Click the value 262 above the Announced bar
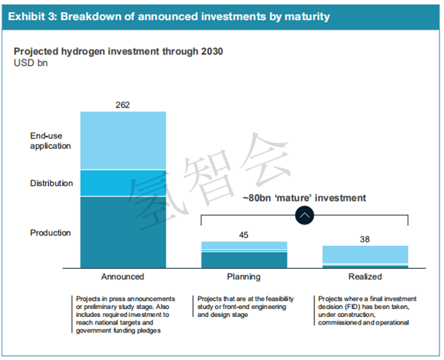[x=123, y=104]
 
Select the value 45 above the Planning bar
[x=243, y=235]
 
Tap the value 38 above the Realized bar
[x=365, y=239]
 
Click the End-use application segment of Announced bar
[x=123, y=141]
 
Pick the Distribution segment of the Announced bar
[x=123, y=183]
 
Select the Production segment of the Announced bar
[x=123, y=232]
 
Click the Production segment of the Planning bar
[x=243, y=260]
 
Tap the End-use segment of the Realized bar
[x=365, y=254]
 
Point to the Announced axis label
[x=123, y=277]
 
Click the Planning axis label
[x=243, y=277]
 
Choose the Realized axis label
[x=365, y=277]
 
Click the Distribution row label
[x=51, y=183]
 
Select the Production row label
[x=50, y=233]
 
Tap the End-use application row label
[x=50, y=141]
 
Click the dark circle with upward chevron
[x=305, y=215]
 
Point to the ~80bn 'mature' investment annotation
[x=304, y=198]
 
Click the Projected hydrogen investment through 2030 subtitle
[x=118, y=52]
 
